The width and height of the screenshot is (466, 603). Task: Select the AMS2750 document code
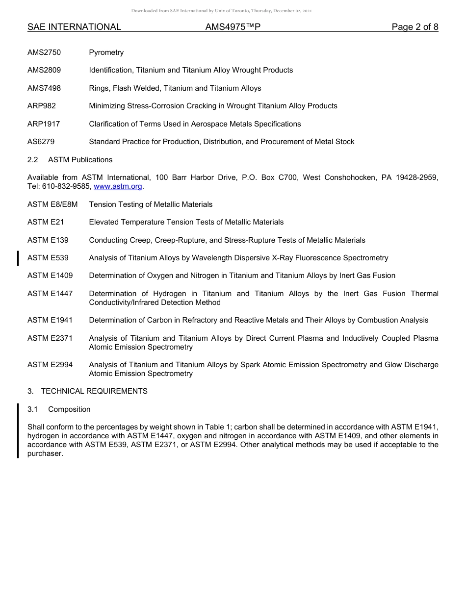(x=44, y=52)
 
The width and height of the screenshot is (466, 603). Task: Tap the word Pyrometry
(x=106, y=52)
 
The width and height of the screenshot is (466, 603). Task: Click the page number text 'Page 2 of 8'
(x=414, y=27)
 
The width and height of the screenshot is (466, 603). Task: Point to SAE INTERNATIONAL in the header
(x=74, y=27)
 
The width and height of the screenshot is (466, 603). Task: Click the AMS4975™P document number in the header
(x=233, y=27)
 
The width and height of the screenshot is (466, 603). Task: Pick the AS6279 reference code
(x=41, y=142)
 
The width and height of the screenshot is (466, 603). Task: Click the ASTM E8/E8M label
(x=52, y=204)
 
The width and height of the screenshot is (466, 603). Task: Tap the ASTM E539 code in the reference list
(x=48, y=258)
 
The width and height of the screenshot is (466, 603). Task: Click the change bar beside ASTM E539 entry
(x=18, y=258)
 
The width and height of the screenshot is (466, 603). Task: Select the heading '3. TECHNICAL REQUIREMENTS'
(x=87, y=391)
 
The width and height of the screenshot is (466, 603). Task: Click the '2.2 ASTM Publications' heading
(x=70, y=160)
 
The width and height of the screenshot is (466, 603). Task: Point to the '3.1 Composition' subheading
(x=59, y=409)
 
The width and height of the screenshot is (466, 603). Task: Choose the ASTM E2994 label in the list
(x=50, y=365)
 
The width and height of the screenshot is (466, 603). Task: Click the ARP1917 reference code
(x=44, y=124)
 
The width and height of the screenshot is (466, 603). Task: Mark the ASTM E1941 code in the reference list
(x=50, y=320)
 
